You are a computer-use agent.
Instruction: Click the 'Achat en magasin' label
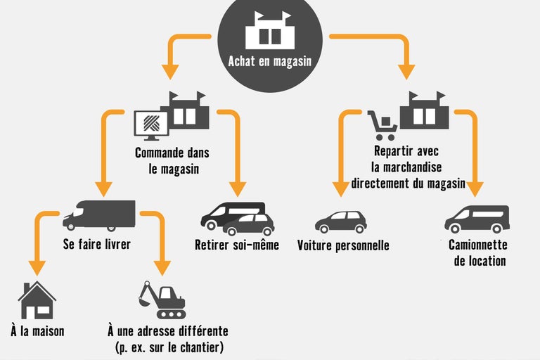pos(269,61)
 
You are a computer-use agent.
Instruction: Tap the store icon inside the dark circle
pos(269,31)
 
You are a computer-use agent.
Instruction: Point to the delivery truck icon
pos(98,215)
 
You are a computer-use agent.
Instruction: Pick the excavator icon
pos(162,300)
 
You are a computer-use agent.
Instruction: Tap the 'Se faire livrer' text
pos(98,245)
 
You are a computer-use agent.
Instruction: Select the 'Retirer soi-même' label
pos(237,245)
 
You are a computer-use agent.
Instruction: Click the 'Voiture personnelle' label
pos(343,245)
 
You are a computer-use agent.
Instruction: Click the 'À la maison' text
pos(37,330)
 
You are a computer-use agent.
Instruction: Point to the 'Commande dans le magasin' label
pos(172,160)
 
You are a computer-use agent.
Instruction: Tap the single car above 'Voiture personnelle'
pos(340,221)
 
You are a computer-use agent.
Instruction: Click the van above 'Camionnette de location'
pos(477,219)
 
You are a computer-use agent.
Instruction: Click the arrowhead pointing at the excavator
pos(162,268)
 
